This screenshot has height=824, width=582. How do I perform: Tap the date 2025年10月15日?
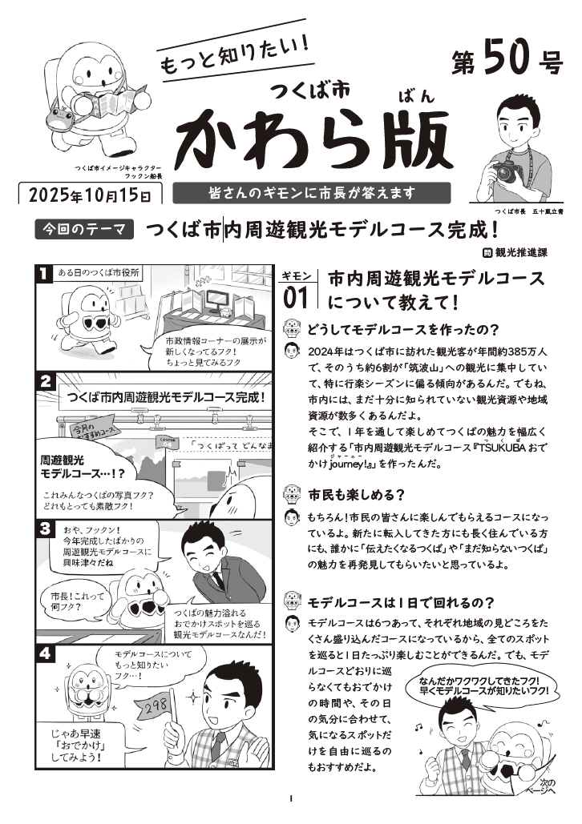[x=90, y=195]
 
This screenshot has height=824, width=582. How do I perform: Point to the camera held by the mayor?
[x=507, y=171]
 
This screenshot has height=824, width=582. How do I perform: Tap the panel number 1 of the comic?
[x=43, y=273]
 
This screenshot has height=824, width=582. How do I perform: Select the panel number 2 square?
[x=45, y=381]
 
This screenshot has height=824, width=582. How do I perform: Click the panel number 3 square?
[x=45, y=529]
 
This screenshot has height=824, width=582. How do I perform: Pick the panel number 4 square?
[x=45, y=653]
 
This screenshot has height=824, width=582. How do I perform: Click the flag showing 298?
[x=153, y=707]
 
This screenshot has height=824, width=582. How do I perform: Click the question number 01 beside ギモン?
[x=296, y=299]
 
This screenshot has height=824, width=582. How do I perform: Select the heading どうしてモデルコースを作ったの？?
[x=403, y=330]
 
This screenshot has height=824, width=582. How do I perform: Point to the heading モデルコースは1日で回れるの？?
[x=401, y=602]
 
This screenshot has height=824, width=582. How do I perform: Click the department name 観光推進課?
[x=521, y=252]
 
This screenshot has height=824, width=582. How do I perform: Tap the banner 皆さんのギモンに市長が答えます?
[x=312, y=193]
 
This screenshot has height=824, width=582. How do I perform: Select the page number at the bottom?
[x=291, y=799]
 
